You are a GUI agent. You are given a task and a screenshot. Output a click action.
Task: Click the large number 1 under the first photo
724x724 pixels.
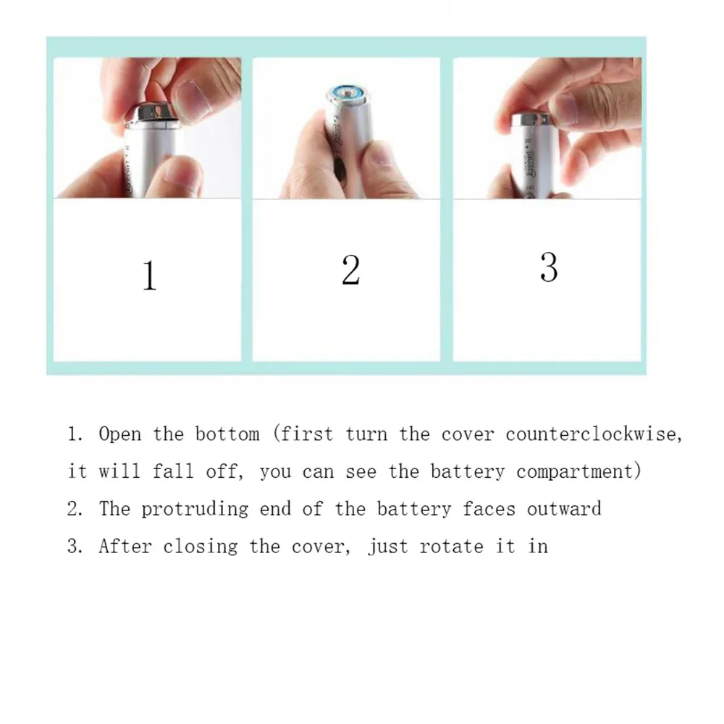coord(149,276)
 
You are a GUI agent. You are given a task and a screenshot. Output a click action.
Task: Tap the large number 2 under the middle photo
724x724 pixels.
coord(350,269)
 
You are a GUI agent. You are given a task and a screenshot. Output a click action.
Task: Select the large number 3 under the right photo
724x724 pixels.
coord(549,266)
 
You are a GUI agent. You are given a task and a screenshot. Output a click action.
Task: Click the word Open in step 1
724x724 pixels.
coord(119,435)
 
